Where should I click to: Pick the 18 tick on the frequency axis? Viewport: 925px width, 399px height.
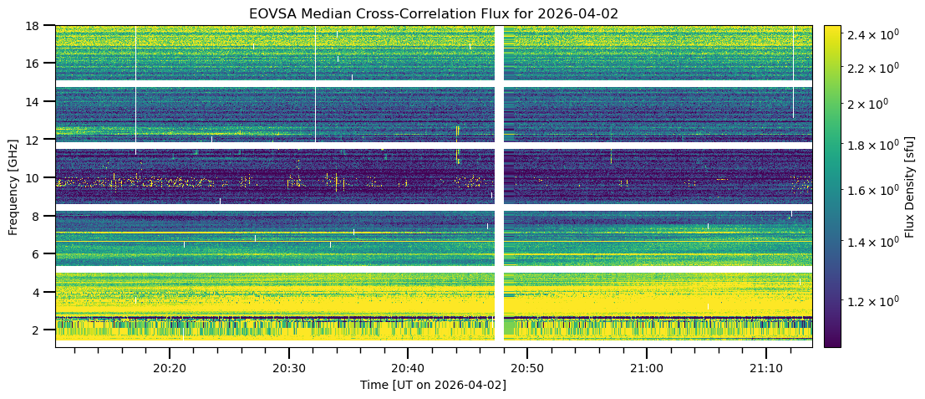point(38,26)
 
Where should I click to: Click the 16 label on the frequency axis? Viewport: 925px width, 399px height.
point(38,64)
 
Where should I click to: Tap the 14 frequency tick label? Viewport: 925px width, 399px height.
point(38,101)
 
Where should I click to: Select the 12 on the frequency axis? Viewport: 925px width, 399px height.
point(38,140)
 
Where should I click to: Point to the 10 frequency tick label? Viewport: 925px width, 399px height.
point(38,177)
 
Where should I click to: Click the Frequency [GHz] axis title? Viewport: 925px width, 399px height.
point(13,186)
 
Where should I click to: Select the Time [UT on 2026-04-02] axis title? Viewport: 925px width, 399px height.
point(434,385)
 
